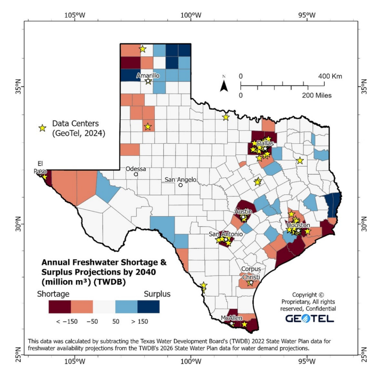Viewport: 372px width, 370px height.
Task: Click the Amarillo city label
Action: [147, 76]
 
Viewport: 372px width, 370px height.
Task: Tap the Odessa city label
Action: [136, 169]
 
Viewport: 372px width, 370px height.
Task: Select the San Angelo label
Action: [180, 179]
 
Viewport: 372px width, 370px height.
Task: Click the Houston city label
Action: [298, 225]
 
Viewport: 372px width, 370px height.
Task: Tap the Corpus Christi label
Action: [251, 273]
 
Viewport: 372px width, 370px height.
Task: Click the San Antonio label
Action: [226, 234]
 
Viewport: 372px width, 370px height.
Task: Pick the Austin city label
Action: [243, 211]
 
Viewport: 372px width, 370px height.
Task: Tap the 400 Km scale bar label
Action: [330, 76]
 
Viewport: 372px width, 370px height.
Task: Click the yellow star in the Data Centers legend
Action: [43, 128]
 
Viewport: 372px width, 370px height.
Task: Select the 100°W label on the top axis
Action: [190, 14]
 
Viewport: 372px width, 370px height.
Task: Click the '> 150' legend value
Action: [139, 321]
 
